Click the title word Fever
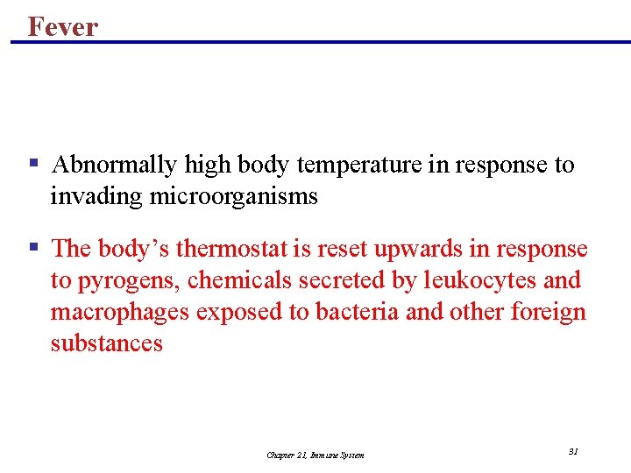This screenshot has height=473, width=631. (62, 26)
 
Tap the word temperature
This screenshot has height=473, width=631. (359, 165)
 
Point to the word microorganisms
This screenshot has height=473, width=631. (233, 196)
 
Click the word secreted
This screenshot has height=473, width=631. (332, 280)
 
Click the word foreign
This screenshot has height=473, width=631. (551, 312)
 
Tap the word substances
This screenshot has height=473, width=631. (106, 343)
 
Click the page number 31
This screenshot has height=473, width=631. (573, 451)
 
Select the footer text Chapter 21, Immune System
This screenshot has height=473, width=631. (315, 455)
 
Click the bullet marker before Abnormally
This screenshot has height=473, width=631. (33, 163)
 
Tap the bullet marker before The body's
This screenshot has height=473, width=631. (33, 247)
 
